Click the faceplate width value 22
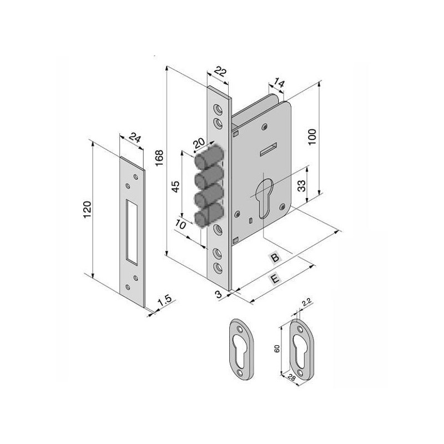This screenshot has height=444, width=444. pos(220,72)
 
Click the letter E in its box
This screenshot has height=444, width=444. pos(274,280)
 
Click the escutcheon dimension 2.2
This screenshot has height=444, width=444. pos(306,302)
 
